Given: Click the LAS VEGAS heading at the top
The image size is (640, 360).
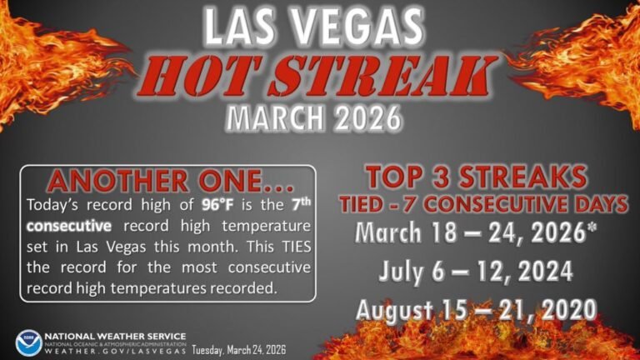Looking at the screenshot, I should coord(319,27).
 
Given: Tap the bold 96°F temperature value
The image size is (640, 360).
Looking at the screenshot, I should coord(219,205).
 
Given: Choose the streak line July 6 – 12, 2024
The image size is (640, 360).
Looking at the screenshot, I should coord(476,271).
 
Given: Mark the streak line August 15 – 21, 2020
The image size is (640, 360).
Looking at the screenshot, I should coord(476,309).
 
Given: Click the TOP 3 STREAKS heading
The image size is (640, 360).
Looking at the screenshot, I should coord(476,177).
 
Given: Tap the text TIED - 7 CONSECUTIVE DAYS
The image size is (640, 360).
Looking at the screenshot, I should coord(476,202).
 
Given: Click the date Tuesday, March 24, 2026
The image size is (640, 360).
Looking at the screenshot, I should coord(239,350).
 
